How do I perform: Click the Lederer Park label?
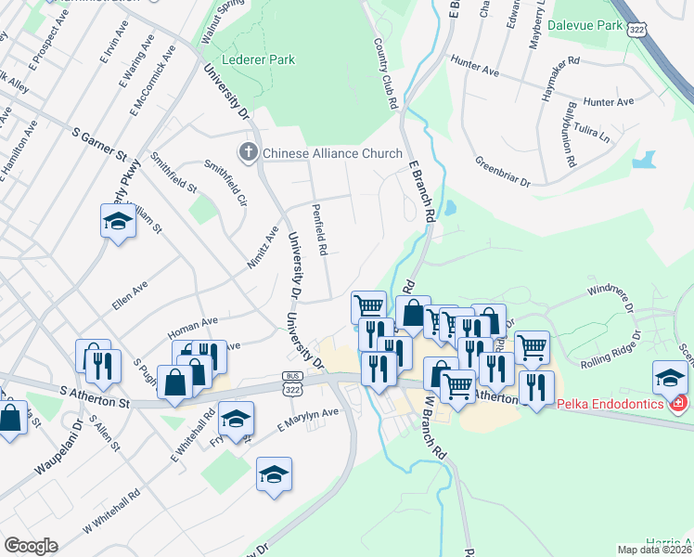coord(263,59)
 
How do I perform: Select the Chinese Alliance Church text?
coord(332,153)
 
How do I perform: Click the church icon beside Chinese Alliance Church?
coord(248,152)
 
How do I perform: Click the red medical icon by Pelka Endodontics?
coord(678,404)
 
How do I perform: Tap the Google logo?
coord(30,546)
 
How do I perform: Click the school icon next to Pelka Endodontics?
coord(670,377)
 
